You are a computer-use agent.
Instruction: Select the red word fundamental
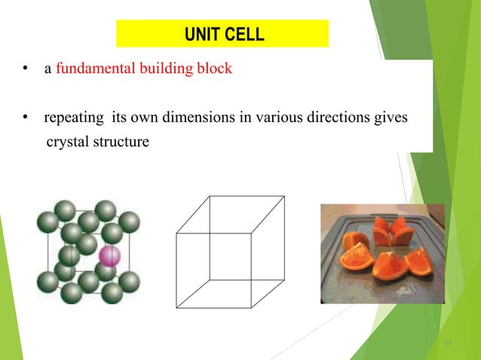[x=90, y=70]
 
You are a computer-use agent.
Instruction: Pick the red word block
[x=216, y=70]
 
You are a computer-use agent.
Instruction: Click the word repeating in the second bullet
[x=75, y=118]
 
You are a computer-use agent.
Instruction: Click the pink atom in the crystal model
[x=110, y=255]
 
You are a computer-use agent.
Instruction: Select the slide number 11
[x=449, y=345]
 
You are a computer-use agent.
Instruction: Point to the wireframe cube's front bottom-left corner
[x=176, y=307]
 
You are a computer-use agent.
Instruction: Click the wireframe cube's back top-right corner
[x=285, y=196]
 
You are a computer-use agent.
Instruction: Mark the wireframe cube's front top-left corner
[x=176, y=233]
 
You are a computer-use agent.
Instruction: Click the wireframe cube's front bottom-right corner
[x=251, y=307]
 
